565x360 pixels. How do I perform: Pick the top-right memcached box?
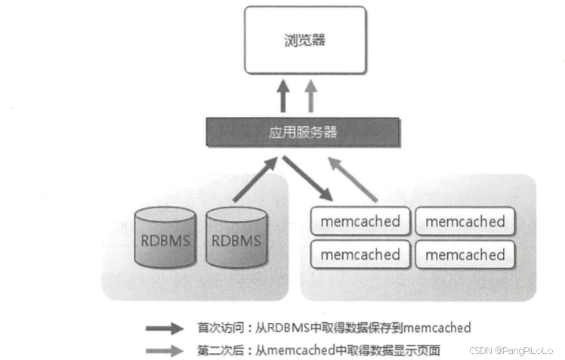tap(465, 222)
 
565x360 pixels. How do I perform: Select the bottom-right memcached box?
tap(465, 254)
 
